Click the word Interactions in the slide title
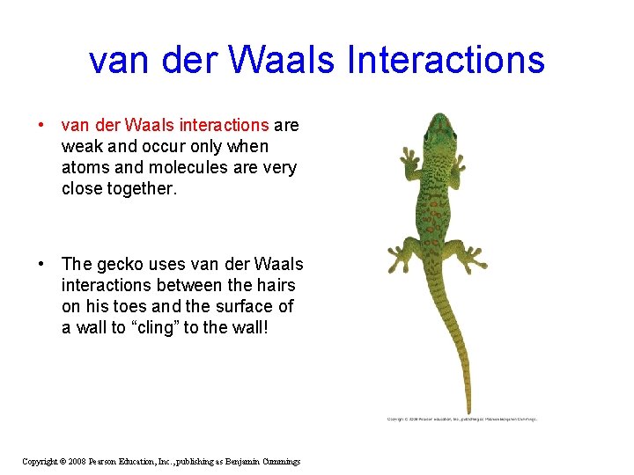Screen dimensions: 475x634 [x=446, y=60]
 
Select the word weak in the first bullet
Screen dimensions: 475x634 [x=81, y=146]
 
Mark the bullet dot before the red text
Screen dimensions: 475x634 [x=41, y=126]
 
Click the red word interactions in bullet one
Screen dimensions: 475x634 [x=226, y=126]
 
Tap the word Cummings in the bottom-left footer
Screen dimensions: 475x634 [x=276, y=462]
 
